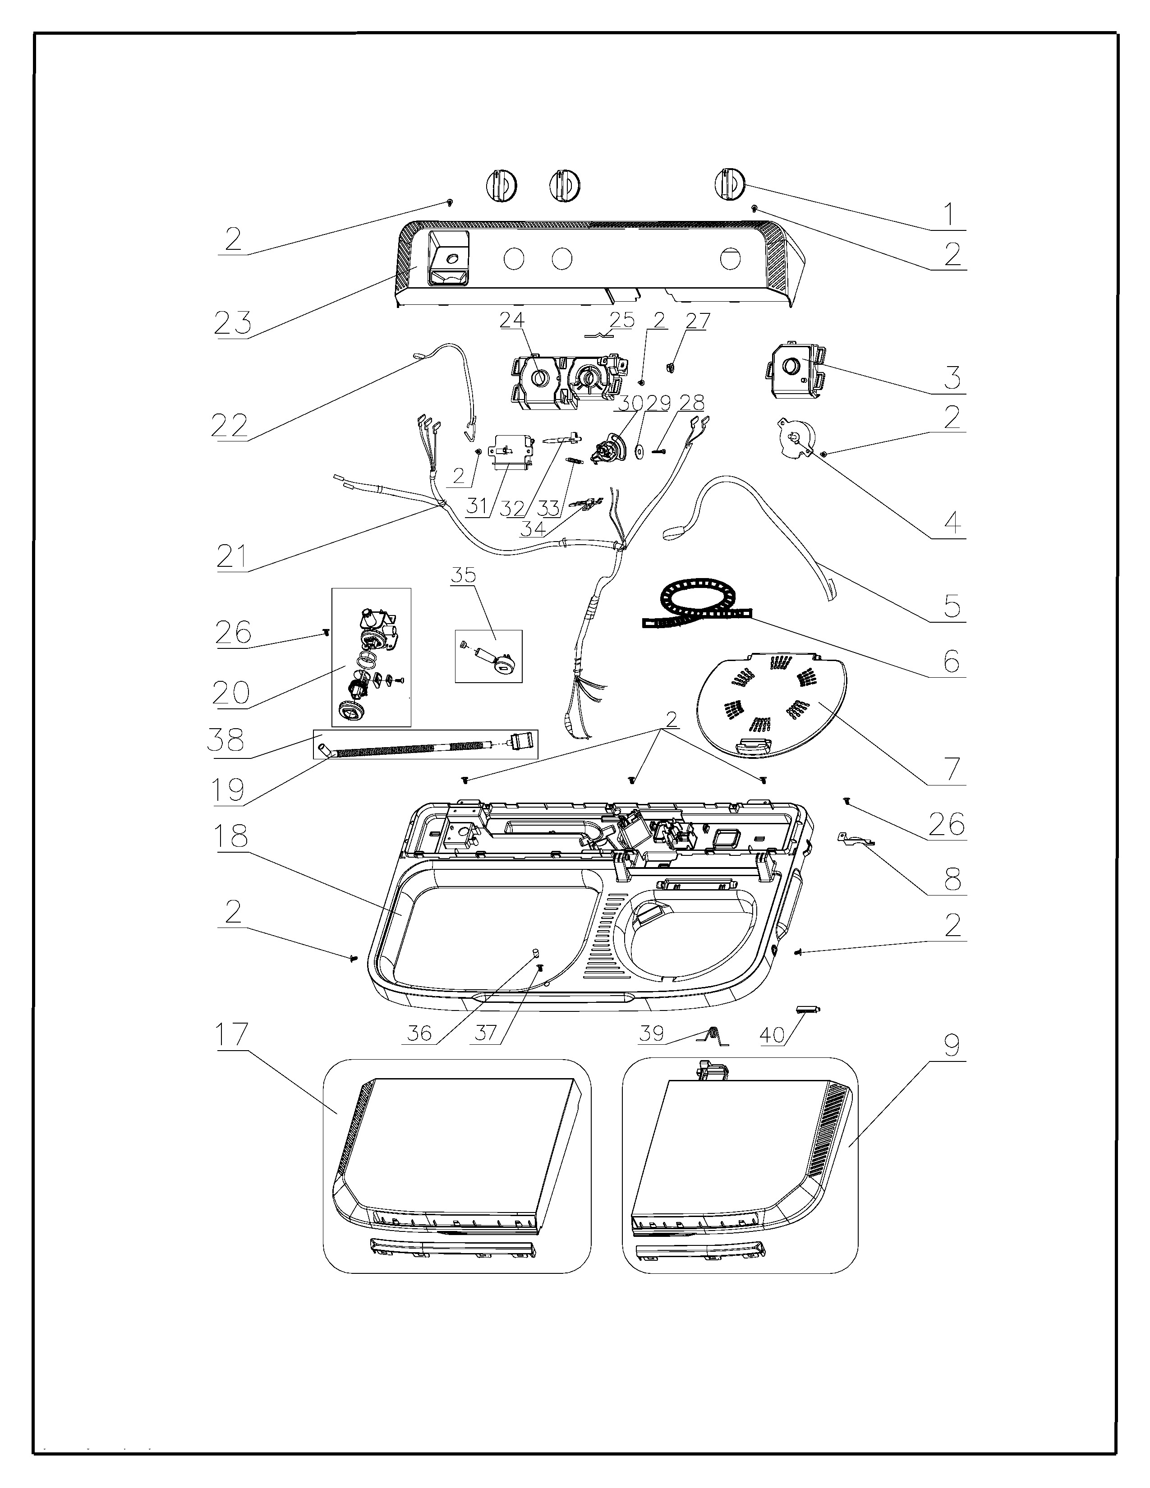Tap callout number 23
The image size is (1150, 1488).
[x=233, y=323]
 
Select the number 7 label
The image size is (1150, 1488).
[x=952, y=768]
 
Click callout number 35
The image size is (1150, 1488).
[x=463, y=574]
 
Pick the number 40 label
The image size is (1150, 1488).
[x=773, y=1035]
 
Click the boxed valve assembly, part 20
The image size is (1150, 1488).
[x=371, y=657]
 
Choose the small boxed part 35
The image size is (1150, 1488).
[x=488, y=656]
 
